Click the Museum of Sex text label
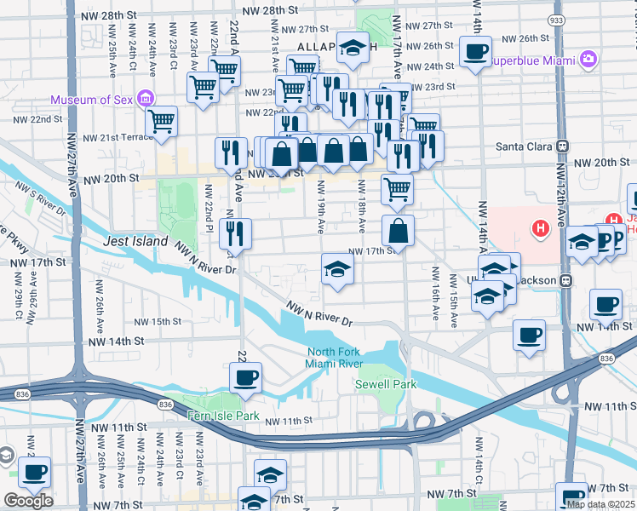(x=92, y=100)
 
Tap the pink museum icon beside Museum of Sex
(x=146, y=99)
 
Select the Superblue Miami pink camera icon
(x=588, y=60)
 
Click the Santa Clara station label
(x=524, y=146)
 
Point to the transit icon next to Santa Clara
(x=563, y=146)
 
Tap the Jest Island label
(x=135, y=242)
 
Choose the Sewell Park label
(x=386, y=384)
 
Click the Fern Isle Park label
(x=222, y=416)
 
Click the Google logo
(x=28, y=501)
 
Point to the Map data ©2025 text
(x=600, y=504)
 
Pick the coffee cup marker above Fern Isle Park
(x=246, y=377)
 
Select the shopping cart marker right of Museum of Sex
(x=160, y=121)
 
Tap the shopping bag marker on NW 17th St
(x=398, y=230)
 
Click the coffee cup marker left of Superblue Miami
(x=474, y=51)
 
